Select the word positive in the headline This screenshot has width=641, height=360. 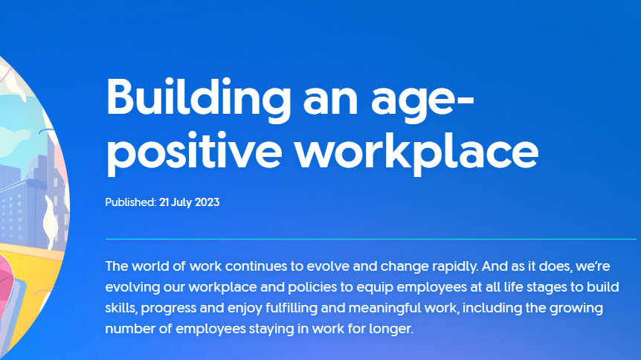tap(194, 152)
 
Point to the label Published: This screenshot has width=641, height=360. tap(131, 202)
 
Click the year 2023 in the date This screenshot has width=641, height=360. tap(207, 202)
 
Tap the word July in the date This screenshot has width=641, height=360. tap(181, 202)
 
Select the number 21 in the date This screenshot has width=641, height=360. tap(164, 202)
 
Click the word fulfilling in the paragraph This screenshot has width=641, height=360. tap(291, 308)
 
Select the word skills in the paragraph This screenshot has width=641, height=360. tap(121, 308)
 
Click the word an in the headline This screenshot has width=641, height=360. tap(330, 103)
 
